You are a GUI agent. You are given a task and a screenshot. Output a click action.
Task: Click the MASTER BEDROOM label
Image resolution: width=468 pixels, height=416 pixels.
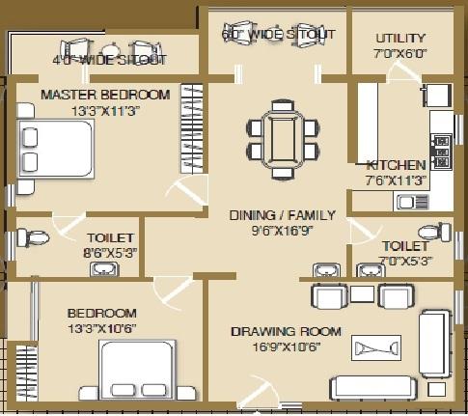(x=105, y=95)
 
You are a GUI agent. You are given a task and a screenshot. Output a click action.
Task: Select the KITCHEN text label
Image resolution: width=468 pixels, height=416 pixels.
(x=396, y=165)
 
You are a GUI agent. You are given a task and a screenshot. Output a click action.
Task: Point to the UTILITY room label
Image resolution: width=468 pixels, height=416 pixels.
(x=400, y=38)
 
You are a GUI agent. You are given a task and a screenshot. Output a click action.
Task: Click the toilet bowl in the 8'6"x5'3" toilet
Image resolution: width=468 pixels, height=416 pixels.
(x=34, y=237)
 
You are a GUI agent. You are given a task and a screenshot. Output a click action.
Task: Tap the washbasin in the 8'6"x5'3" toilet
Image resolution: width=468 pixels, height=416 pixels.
(x=102, y=268)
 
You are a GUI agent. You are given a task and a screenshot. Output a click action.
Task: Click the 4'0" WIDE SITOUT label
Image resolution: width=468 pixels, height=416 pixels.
(x=109, y=60)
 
